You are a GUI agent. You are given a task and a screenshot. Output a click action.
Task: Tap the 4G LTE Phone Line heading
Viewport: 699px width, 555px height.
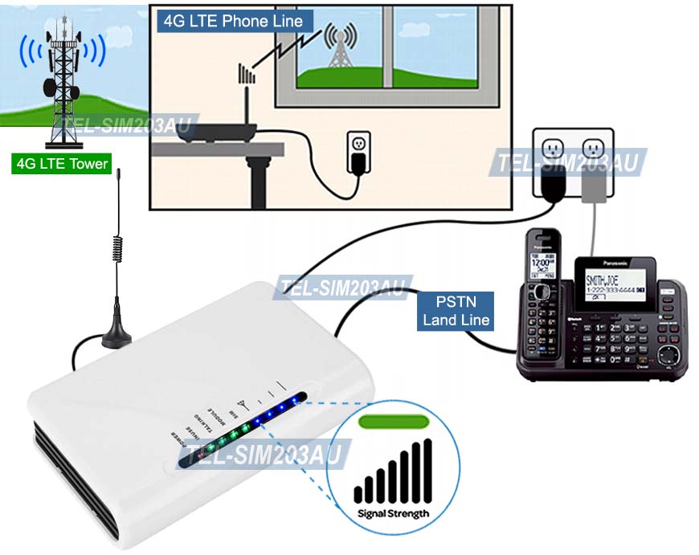pyautogui.click(x=233, y=21)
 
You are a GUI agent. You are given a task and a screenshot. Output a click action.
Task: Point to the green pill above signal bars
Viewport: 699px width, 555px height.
pyautogui.click(x=392, y=420)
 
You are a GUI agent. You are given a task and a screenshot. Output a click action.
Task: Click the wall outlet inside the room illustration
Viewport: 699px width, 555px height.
pyautogui.click(x=357, y=150)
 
